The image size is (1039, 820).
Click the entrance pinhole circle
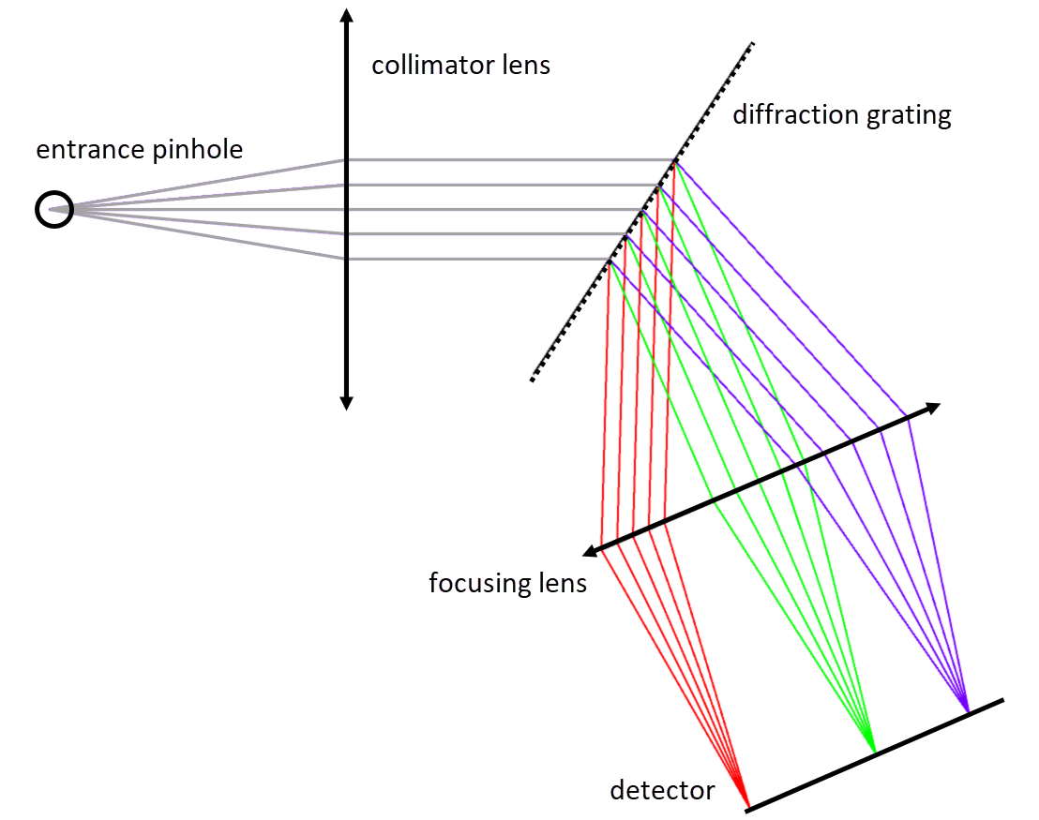[x=54, y=209]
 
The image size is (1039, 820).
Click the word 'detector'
[x=662, y=790]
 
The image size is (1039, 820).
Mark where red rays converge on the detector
[x=747, y=805]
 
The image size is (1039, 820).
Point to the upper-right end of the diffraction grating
[x=751, y=44]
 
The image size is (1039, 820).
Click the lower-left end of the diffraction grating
[x=533, y=379]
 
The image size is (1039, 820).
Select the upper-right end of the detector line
[x=1002, y=699]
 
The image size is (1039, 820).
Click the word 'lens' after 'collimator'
[x=524, y=65]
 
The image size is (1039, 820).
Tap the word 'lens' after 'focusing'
[x=564, y=582]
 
